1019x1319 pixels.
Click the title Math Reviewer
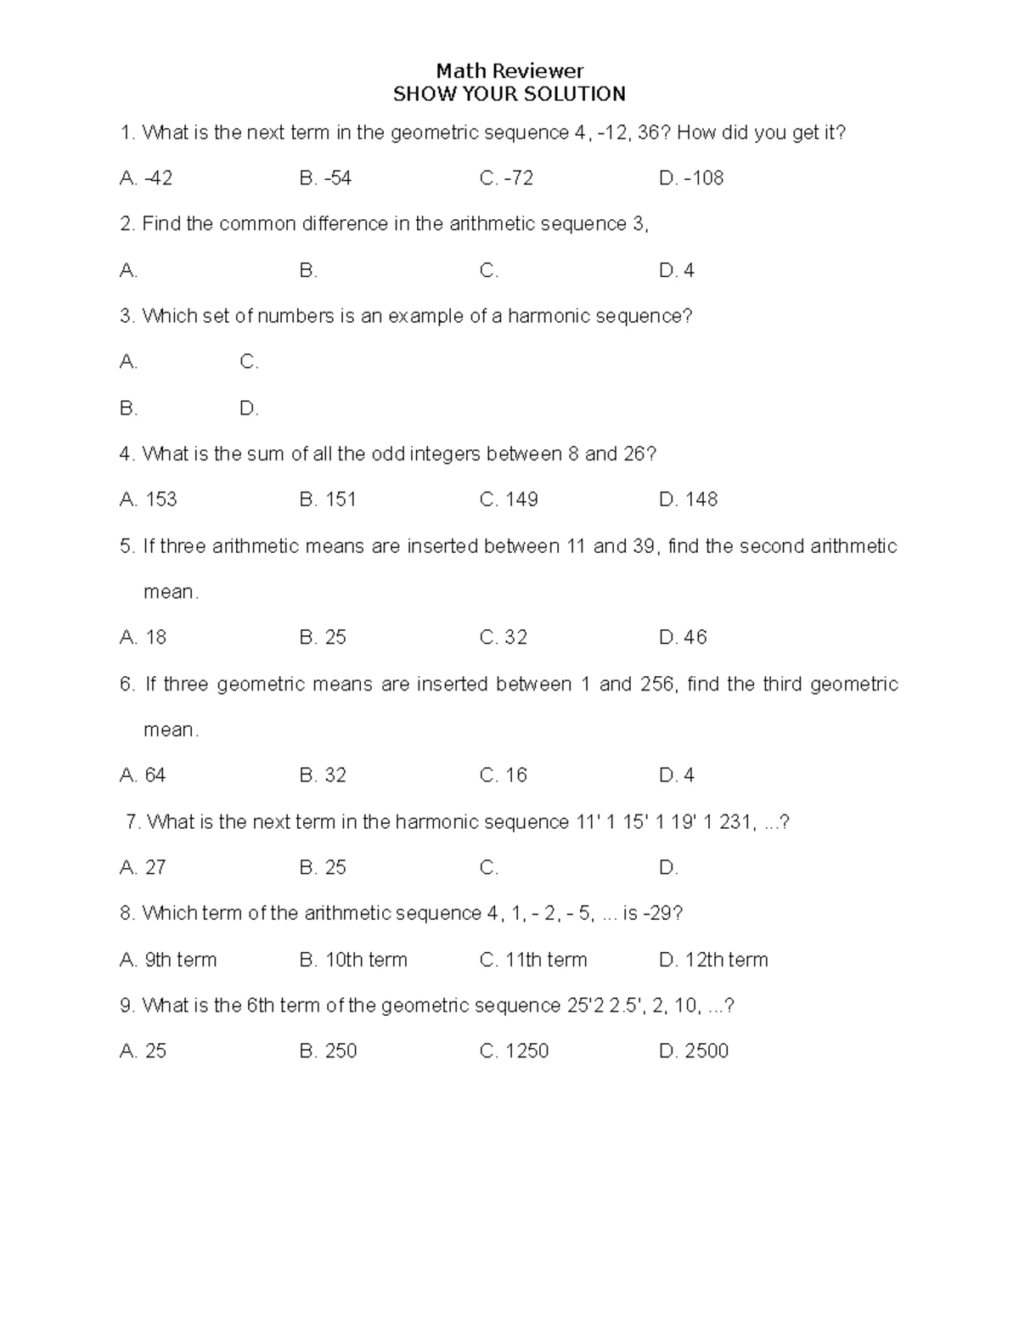point(509,70)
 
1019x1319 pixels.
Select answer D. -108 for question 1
point(691,178)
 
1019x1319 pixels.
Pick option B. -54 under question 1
point(325,178)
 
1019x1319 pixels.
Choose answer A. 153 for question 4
point(149,499)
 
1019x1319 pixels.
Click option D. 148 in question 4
point(688,499)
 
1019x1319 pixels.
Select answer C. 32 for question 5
point(504,638)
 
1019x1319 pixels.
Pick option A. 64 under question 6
point(143,775)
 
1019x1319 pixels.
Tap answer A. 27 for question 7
point(143,867)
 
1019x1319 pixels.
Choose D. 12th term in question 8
point(713,960)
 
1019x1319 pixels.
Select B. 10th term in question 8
point(353,960)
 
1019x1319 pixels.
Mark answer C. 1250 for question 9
point(514,1051)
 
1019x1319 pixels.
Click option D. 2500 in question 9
point(694,1051)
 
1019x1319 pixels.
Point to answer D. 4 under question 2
point(677,271)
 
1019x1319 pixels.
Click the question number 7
point(132,822)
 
